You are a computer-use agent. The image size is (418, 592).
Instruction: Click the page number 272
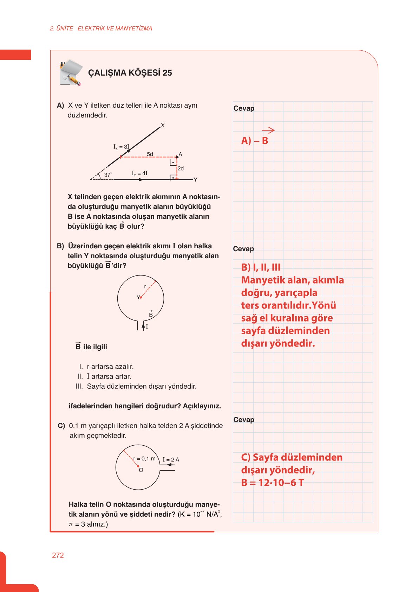coord(58,555)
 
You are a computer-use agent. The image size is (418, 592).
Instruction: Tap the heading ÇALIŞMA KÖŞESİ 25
coord(130,73)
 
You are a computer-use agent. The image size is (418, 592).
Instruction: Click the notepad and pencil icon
coord(71,73)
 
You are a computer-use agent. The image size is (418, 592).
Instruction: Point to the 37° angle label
coord(108,174)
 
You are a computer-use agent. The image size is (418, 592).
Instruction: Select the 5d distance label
coord(150,154)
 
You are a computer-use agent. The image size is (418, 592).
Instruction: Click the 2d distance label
coord(181,168)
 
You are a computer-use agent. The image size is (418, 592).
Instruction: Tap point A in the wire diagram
coord(177,157)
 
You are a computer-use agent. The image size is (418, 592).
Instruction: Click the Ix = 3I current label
coord(121,147)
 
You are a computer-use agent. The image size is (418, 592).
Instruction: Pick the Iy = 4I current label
coord(139,173)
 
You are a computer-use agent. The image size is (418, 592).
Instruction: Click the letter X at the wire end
coord(163,125)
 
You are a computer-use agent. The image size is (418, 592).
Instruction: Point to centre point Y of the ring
coord(141,298)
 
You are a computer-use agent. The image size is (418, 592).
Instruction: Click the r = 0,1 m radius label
coord(144,459)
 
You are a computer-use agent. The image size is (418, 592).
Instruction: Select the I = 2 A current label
coord(171,460)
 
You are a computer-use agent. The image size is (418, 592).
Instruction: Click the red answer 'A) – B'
coord(255,141)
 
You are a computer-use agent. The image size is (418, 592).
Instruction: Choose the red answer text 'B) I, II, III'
coord(261,267)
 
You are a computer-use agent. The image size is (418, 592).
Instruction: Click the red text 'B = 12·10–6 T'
coord(273,483)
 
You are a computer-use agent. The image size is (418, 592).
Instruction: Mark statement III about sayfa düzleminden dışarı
coord(136,386)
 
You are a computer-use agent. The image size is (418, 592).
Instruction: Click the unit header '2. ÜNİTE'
coord(61,28)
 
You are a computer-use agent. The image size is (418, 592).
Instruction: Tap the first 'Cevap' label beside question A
coord(244,108)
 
